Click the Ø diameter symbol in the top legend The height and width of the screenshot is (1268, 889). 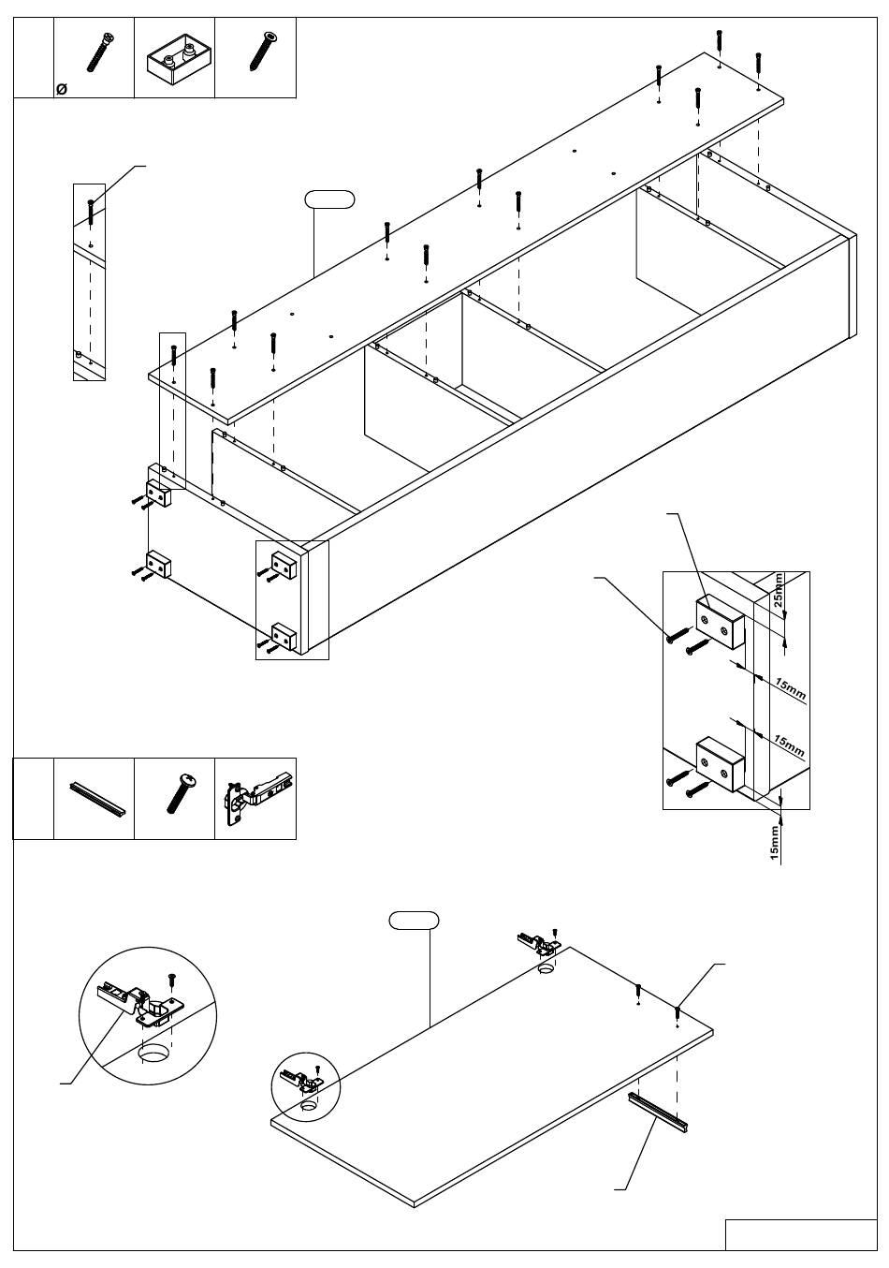point(61,89)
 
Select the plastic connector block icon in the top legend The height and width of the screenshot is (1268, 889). point(174,59)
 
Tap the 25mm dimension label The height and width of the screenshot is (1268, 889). point(779,592)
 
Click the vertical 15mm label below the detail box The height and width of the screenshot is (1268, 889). point(774,843)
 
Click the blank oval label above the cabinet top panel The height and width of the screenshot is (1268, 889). point(329,198)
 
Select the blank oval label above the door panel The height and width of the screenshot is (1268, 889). point(414,920)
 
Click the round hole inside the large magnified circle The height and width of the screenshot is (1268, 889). point(154,1054)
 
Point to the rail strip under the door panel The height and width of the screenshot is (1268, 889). point(659,1112)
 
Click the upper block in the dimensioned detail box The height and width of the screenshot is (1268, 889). point(719,623)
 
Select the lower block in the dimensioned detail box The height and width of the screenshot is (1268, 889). point(719,762)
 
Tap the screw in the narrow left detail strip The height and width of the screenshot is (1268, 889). point(90,211)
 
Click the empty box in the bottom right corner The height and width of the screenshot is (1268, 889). point(800,1234)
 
